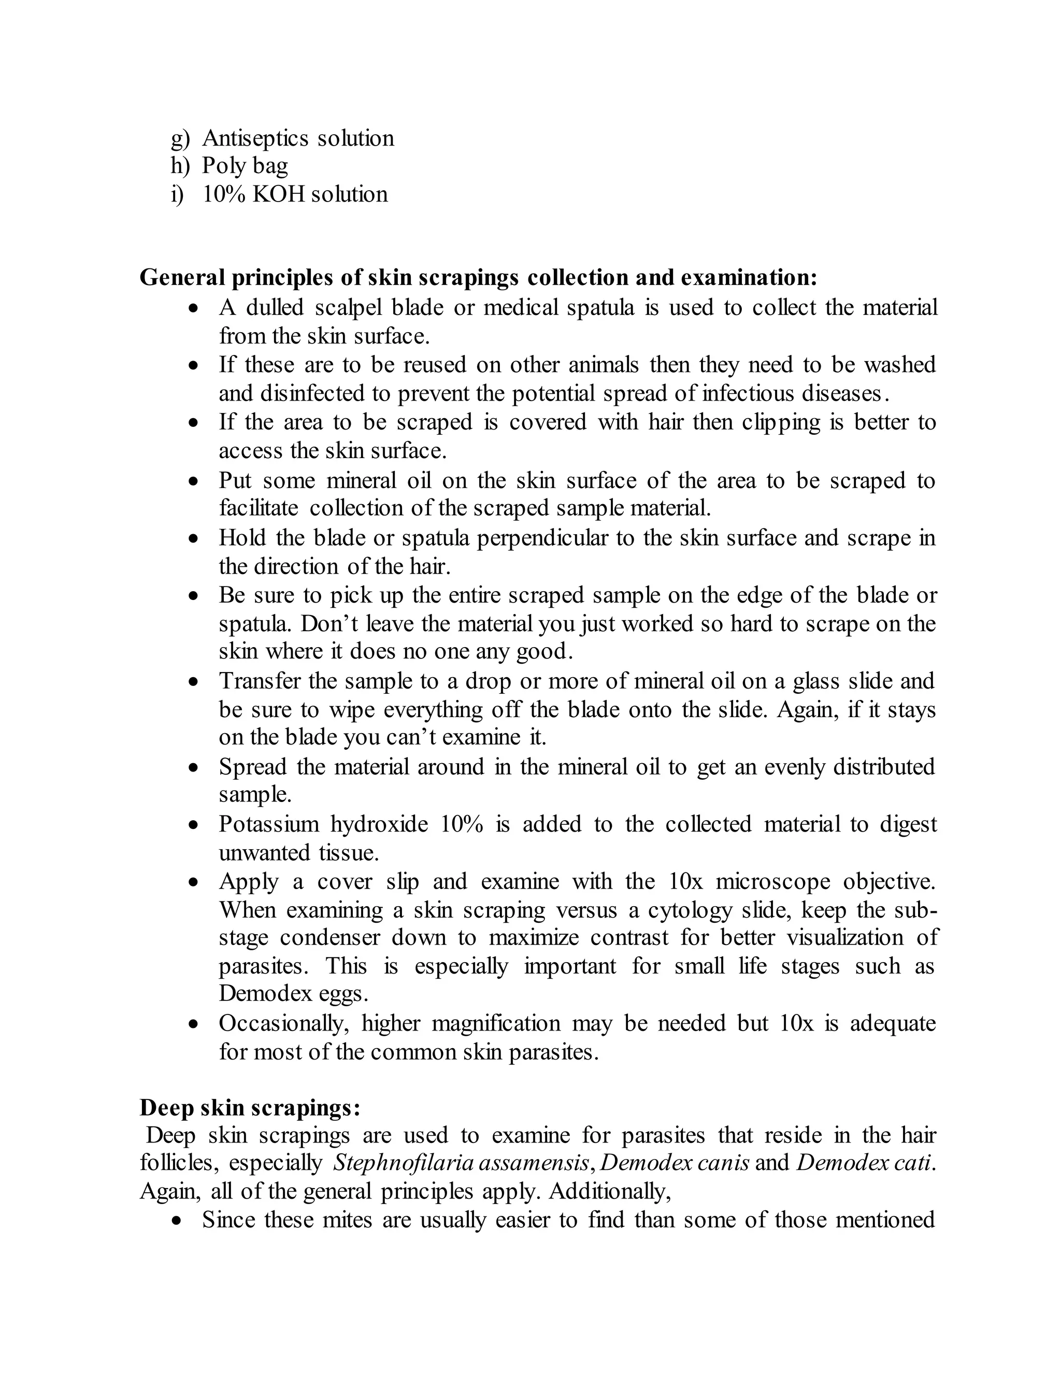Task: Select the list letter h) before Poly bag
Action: [180, 166]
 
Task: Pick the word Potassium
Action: [268, 824]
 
